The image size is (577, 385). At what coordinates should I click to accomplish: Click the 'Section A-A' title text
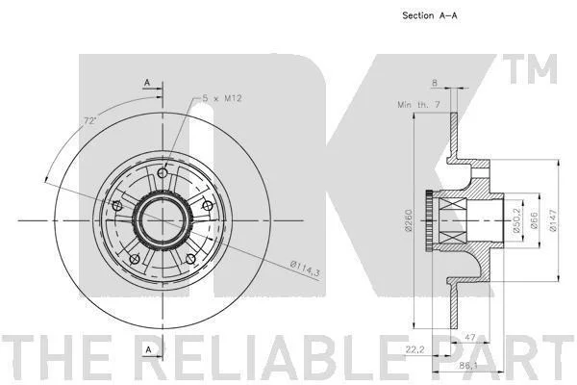coord(430,15)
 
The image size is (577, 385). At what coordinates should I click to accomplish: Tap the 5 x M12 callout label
coord(222,98)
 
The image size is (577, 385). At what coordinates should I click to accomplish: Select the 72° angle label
coord(90,120)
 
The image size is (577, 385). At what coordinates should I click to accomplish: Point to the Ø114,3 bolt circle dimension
coord(305,269)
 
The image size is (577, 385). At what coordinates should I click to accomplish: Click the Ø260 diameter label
coord(408,220)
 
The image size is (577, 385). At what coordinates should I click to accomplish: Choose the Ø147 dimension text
coord(553,220)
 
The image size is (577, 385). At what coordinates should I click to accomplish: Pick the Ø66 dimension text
coord(535,220)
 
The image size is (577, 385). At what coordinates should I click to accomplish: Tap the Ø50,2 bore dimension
coord(516,220)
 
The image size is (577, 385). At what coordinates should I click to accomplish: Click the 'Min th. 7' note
coord(418,105)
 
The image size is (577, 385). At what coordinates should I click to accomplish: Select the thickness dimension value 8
coord(435,83)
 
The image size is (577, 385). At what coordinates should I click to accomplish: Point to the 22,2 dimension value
coord(414,348)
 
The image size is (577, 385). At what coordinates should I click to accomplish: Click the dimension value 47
coord(470,338)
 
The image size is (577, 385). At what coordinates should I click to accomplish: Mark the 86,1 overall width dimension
coord(468,366)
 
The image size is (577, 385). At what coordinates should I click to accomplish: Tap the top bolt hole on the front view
coord(163,172)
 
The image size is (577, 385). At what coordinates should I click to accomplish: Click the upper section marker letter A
coord(147,83)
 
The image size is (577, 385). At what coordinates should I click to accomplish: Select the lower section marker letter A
coord(149,349)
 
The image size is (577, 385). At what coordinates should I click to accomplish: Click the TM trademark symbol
coord(530,69)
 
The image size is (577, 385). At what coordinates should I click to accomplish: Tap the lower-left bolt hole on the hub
coord(135,259)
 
